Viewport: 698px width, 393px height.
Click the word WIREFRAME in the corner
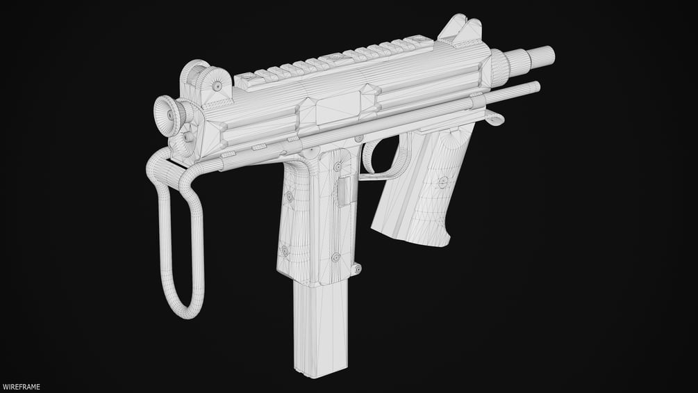pyautogui.click(x=22, y=387)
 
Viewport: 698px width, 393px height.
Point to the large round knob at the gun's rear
pyautogui.click(x=169, y=115)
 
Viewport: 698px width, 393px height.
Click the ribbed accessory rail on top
pyautogui.click(x=334, y=63)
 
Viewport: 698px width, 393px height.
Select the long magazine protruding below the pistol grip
pyautogui.click(x=319, y=329)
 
